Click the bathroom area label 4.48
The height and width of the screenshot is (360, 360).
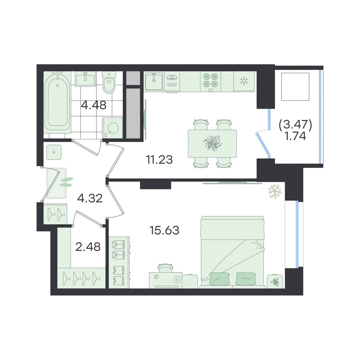[x=94, y=105]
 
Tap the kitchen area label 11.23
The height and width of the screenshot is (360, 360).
[x=159, y=159]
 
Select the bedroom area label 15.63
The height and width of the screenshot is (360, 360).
[x=165, y=230]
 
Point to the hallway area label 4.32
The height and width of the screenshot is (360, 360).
[x=90, y=198]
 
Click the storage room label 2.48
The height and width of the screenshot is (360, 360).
[x=88, y=247]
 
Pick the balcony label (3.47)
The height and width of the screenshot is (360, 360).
[x=295, y=125]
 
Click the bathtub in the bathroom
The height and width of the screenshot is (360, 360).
[x=57, y=102]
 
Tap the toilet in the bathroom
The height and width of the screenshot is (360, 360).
[x=109, y=82]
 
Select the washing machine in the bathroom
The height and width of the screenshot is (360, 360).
[x=112, y=129]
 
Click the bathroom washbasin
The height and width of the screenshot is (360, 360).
[x=85, y=79]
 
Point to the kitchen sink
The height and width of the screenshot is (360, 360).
[x=154, y=81]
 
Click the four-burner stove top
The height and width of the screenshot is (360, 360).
[x=211, y=80]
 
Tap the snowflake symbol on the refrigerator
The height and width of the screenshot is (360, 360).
[x=244, y=80]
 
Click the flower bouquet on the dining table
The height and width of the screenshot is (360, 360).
[x=212, y=143]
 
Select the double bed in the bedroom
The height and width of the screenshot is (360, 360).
[x=232, y=252]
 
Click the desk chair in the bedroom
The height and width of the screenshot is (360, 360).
[x=165, y=268]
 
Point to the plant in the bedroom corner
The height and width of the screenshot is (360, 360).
[x=275, y=191]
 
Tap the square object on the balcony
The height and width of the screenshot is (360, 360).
[x=295, y=86]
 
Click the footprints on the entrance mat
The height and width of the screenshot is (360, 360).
[x=66, y=182]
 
